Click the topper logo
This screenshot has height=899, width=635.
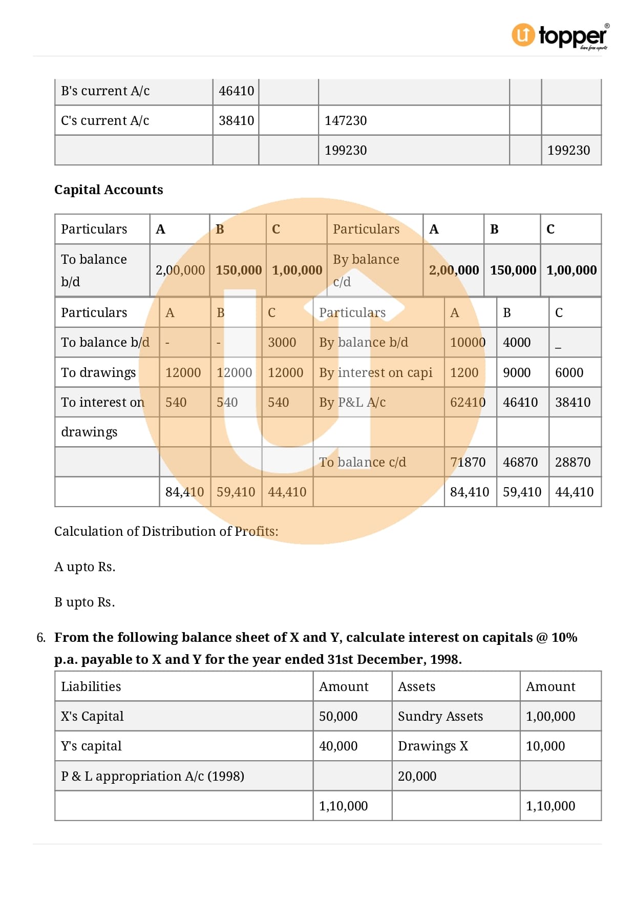click(x=559, y=35)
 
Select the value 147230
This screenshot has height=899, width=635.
click(x=346, y=121)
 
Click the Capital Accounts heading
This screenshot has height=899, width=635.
click(x=109, y=190)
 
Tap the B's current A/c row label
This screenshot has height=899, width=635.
click(x=105, y=91)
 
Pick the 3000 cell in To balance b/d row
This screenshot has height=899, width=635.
click(x=282, y=343)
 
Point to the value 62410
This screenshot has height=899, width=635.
click(x=468, y=403)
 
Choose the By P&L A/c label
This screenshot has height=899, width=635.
click(x=352, y=403)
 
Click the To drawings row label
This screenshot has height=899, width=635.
click(x=98, y=373)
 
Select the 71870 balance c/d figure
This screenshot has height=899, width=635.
click(x=468, y=463)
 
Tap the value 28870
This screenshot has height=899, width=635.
click(x=573, y=463)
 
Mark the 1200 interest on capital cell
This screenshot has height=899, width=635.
click(x=464, y=373)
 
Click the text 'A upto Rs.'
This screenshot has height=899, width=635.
click(x=85, y=567)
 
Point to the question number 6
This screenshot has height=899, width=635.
click(x=41, y=638)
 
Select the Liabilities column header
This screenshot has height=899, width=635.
click(x=91, y=687)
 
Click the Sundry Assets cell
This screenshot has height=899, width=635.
click(x=440, y=717)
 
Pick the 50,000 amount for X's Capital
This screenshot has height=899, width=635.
click(x=338, y=717)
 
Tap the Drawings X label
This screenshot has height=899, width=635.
click(x=433, y=746)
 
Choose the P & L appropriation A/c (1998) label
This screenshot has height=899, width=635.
click(x=153, y=777)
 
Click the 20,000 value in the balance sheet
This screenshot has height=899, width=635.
click(x=417, y=777)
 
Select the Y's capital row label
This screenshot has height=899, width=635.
click(x=91, y=746)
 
